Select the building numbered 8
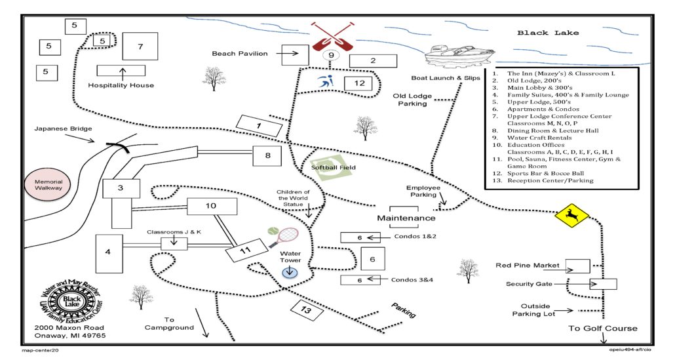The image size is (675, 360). point(267,156)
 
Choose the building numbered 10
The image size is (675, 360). point(210,206)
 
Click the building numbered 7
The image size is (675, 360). point(140,47)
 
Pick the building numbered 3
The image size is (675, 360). point(121,188)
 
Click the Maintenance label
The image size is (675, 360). point(406,218)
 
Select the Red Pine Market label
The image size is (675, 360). point(528,265)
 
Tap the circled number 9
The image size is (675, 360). point(332,55)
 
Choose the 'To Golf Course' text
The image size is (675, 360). point(602,329)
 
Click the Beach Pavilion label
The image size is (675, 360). point(240,54)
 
